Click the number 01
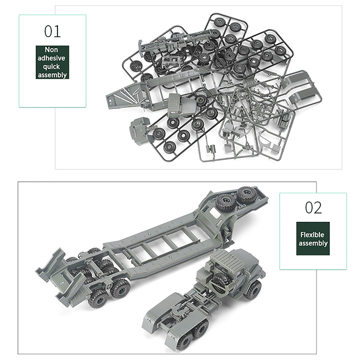pyautogui.click(x=53, y=31)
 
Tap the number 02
pyautogui.click(x=313, y=208)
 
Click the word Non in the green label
pyautogui.click(x=51, y=49)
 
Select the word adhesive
pyautogui.click(x=51, y=58)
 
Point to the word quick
pyautogui.click(x=51, y=67)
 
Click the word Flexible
pyautogui.click(x=312, y=234)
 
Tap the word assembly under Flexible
pyautogui.click(x=313, y=243)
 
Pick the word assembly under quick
pyautogui.click(x=52, y=75)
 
